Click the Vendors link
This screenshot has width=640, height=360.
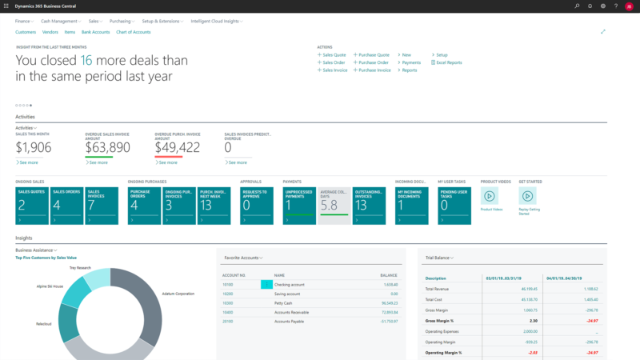50,32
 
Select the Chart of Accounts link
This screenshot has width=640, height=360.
134,32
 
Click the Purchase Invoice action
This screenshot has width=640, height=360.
374,70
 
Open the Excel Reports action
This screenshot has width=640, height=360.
447,62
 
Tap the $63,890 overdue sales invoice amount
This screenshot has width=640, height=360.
107,147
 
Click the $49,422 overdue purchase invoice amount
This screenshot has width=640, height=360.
177,147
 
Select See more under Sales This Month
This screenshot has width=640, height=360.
28,162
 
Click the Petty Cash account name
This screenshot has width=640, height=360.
286,303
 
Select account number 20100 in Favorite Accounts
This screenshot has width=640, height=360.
227,321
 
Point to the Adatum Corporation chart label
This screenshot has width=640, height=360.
178,294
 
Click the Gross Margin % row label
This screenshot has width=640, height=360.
440,318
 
